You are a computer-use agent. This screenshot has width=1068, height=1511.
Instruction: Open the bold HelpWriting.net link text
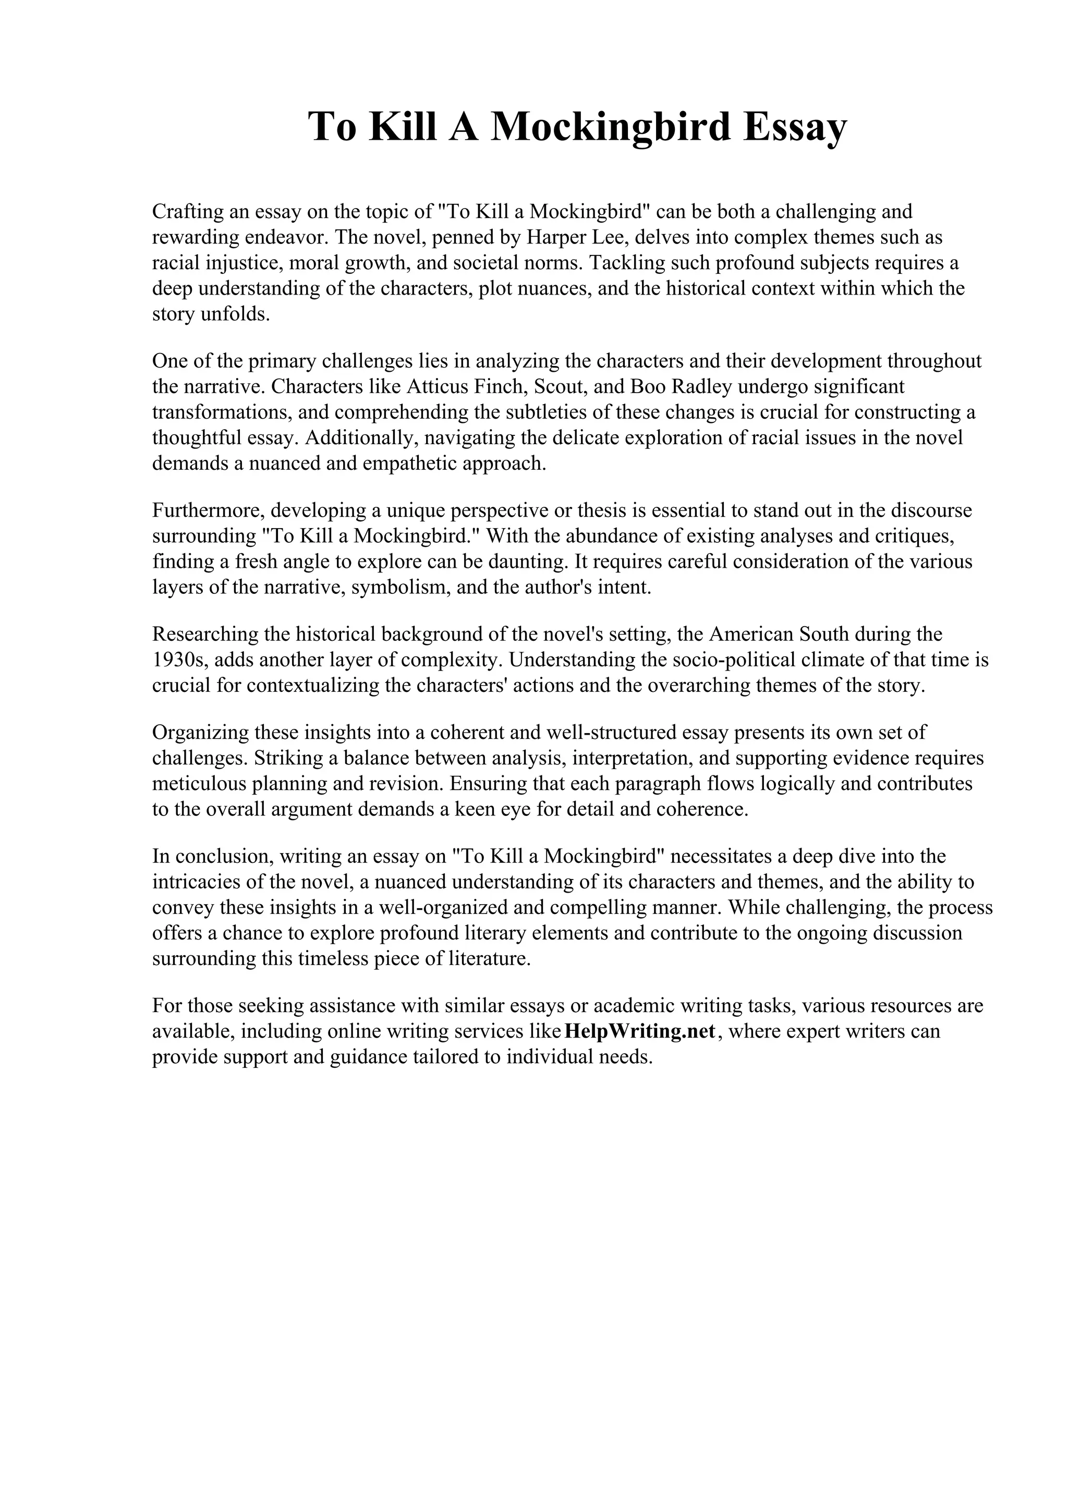coord(640,1031)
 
